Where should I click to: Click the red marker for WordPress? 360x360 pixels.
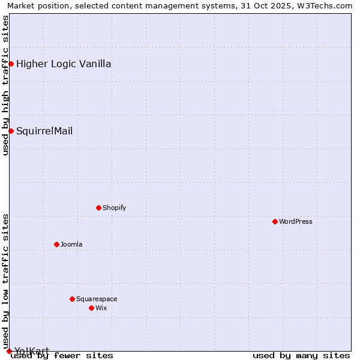click(275, 221)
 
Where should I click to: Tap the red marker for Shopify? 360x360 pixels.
click(98, 208)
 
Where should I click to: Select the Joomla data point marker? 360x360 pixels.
click(56, 244)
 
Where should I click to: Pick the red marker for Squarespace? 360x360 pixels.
click(72, 299)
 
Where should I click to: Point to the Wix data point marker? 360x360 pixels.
click(91, 308)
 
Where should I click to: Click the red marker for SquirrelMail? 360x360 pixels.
click(11, 131)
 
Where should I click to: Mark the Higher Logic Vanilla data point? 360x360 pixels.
click(11, 64)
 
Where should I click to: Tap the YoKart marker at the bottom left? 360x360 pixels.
click(9, 351)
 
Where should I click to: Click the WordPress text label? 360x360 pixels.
click(296, 221)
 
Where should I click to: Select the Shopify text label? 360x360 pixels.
click(114, 208)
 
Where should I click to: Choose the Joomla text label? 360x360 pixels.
click(71, 244)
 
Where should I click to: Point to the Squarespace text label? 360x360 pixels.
click(97, 299)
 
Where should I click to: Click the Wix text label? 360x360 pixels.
click(101, 308)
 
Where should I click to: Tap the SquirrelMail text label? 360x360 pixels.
click(44, 131)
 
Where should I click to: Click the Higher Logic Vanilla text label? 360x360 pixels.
click(64, 64)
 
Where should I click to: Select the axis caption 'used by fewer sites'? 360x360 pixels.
click(62, 355)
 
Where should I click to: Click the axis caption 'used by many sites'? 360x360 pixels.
click(301, 355)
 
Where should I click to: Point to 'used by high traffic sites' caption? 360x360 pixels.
click(5, 85)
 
